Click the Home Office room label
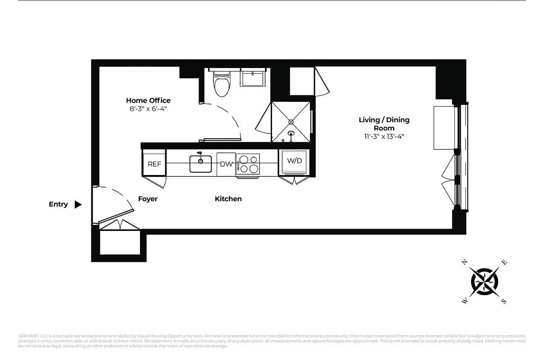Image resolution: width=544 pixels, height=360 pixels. [148, 100]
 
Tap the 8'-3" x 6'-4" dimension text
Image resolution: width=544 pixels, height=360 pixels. [148, 109]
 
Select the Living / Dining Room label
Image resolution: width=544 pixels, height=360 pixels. [384, 124]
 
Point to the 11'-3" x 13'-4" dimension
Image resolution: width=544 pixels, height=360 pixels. [384, 137]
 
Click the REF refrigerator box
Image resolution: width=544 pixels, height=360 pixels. [154, 164]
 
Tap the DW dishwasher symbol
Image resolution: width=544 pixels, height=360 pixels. [226, 164]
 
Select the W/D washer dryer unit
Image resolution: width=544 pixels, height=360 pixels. [295, 161]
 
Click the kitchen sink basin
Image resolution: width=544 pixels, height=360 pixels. [200, 164]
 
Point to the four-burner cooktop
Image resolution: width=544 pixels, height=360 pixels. [248, 164]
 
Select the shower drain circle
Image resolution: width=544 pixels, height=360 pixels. [291, 121]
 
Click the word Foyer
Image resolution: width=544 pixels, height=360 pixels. [148, 199]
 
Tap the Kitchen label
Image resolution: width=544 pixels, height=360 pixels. [228, 199]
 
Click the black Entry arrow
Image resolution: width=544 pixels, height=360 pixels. [78, 204]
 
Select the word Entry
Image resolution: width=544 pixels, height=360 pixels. [58, 204]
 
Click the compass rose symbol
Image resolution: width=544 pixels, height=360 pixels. [485, 282]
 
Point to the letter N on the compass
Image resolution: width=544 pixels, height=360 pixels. [465, 262]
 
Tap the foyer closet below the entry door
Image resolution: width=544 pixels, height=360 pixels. [119, 243]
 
